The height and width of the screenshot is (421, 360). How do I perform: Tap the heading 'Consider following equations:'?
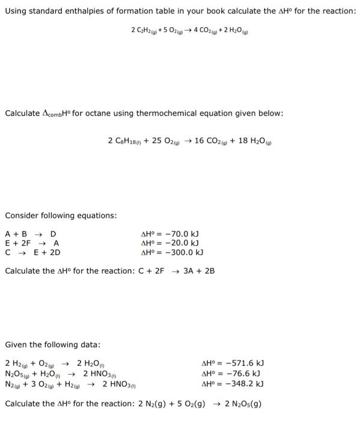coord(61,215)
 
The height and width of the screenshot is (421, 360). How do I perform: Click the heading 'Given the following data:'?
coord(53,345)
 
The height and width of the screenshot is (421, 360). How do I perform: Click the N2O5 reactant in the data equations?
coord(17,373)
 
